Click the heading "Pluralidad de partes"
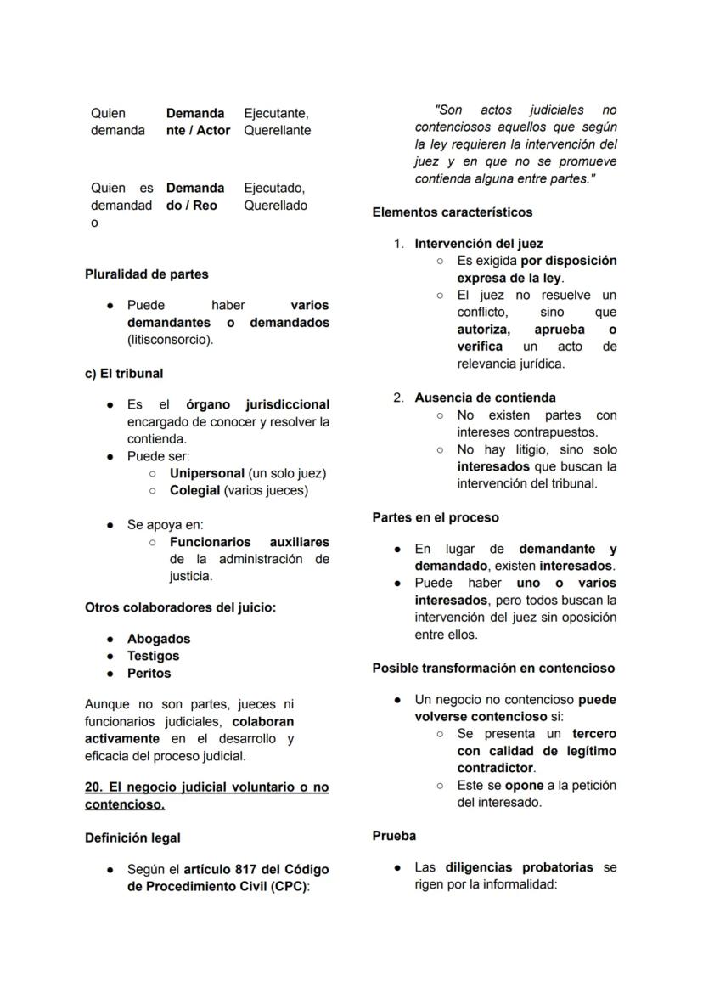[x=146, y=274]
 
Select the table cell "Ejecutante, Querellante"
[x=277, y=121]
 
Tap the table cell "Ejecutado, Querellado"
[x=275, y=196]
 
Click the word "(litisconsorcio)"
[x=171, y=340]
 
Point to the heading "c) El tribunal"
[x=124, y=373]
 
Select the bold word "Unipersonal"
[x=207, y=473]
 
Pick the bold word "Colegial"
[x=194, y=490]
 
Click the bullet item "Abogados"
[x=159, y=639]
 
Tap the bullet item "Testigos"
[x=154, y=656]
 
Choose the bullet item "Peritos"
[x=149, y=673]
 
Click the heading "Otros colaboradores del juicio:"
[x=180, y=607]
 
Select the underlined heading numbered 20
[x=206, y=795]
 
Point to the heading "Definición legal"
[x=132, y=838]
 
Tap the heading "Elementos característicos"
[x=453, y=212]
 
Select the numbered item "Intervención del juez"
[x=479, y=244]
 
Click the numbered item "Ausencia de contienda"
[x=485, y=398]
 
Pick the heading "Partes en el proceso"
[x=436, y=517]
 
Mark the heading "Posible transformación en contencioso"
[x=493, y=668]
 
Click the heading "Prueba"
[x=394, y=836]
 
